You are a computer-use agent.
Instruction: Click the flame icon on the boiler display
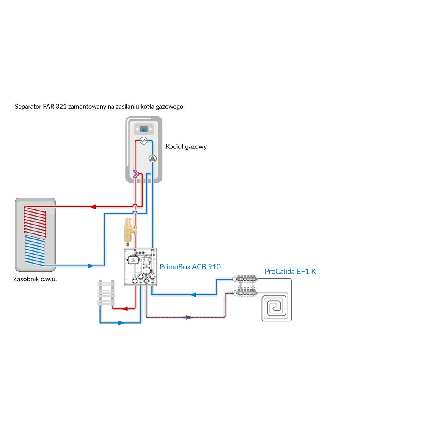tap(144, 129)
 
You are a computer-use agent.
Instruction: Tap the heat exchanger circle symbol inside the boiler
tap(144, 141)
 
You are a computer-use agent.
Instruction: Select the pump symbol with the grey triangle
tap(152, 159)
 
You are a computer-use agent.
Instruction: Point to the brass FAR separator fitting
tap(127, 228)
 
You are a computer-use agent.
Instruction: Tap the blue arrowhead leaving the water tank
tap(90, 266)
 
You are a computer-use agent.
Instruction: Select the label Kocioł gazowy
tap(186, 147)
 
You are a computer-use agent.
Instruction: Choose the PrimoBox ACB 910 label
tap(190, 267)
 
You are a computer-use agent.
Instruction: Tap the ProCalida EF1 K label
tap(290, 272)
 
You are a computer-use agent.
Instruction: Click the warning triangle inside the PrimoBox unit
tap(134, 261)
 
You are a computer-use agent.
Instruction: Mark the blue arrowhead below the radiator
tap(121, 323)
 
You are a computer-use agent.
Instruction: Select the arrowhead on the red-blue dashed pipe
tap(189, 317)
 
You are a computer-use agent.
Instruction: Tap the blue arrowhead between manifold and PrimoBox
tap(193, 294)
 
